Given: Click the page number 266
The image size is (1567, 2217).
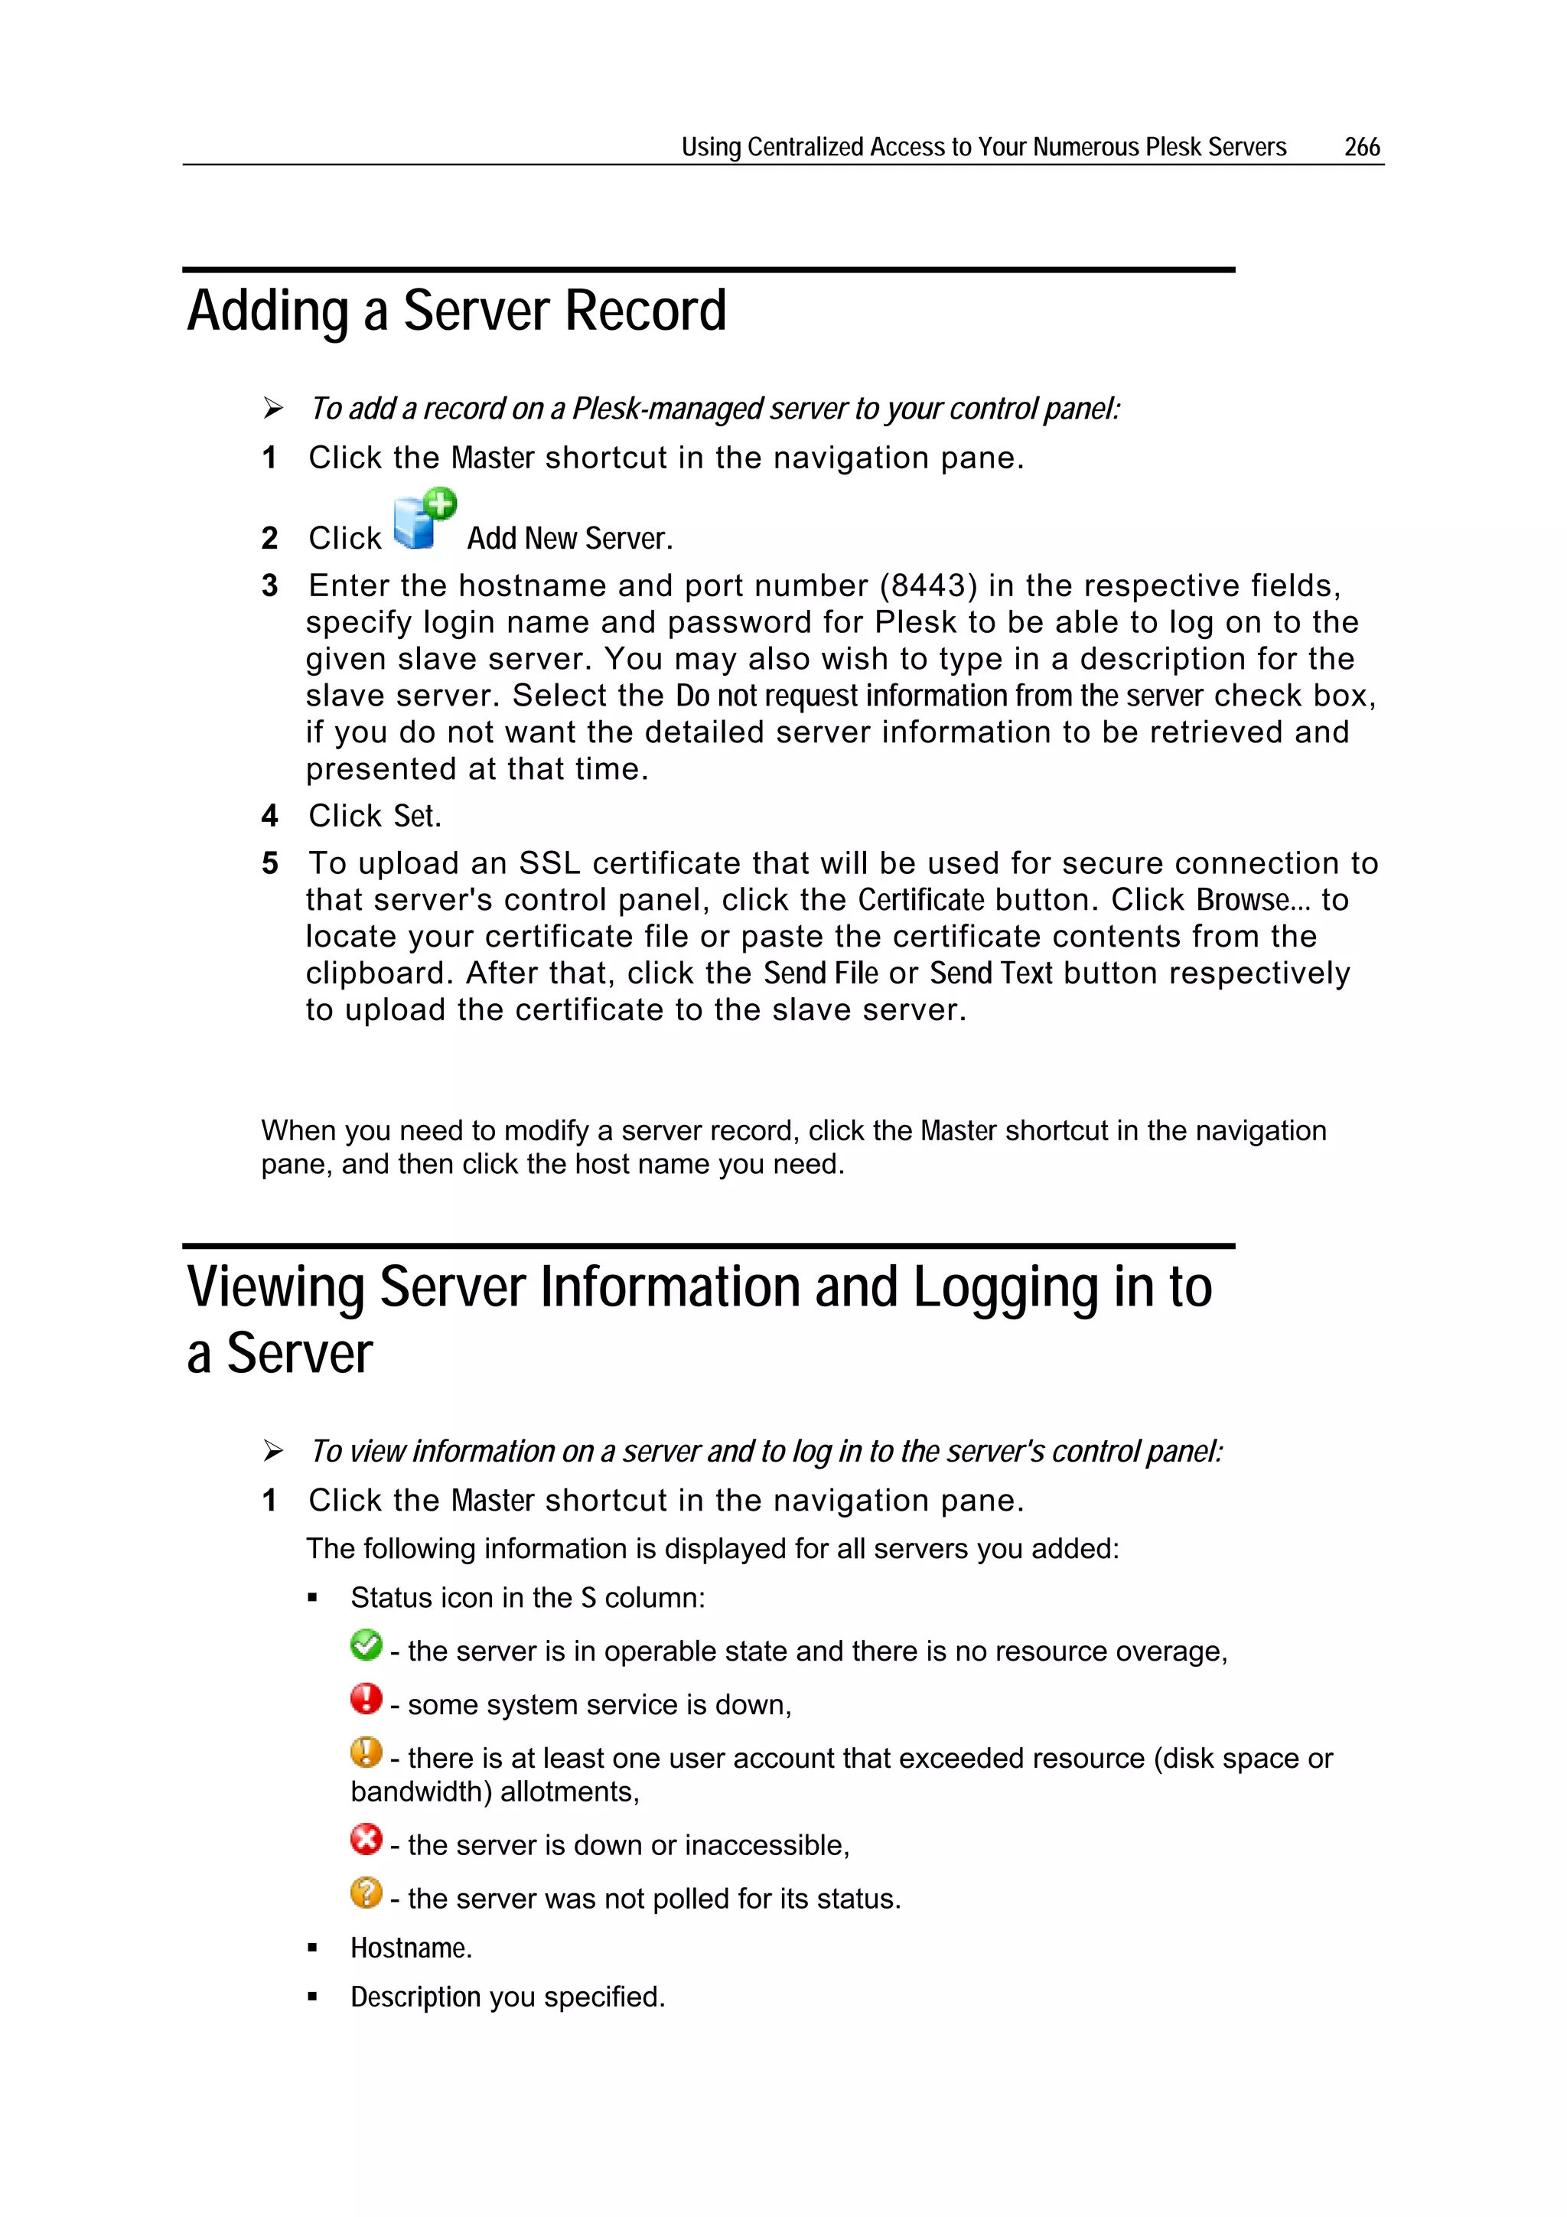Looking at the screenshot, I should pos(1361,147).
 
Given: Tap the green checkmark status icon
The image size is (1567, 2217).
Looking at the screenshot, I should pos(366,1645).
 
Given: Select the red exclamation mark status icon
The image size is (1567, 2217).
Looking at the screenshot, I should pos(366,1698).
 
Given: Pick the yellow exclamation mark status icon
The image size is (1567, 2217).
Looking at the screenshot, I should pos(366,1752).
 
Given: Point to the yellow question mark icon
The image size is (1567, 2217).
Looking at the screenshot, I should pos(366,1892).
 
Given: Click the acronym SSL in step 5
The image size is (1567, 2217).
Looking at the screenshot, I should pos(549,863).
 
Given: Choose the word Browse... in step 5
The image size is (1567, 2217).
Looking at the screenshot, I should pos(1253,900).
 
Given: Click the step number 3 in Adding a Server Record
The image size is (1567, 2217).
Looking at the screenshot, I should pos(269,586).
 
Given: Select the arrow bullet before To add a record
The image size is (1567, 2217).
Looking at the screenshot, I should pos(273,409).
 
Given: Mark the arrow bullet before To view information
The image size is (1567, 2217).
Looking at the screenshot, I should pos(273,1451).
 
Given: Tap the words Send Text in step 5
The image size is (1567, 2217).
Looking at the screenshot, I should pos(991,973).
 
